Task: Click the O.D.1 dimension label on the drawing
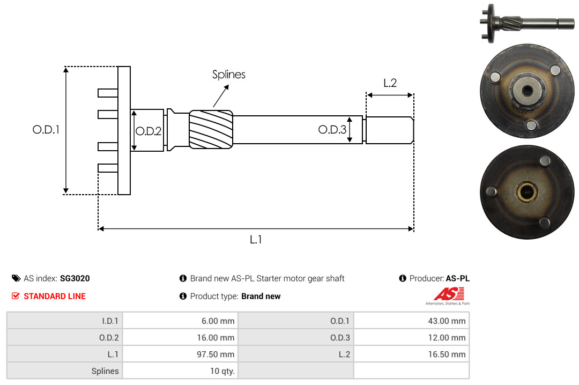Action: [46, 130]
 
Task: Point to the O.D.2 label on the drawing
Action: [149, 131]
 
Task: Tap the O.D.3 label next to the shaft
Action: [332, 130]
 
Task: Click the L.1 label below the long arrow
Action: [256, 240]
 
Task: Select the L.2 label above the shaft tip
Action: [390, 83]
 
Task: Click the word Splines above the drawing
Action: [228, 75]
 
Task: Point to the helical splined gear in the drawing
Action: [211, 129]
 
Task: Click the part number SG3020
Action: [75, 279]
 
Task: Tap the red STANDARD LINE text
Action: [55, 297]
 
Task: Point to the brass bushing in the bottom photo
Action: [527, 192]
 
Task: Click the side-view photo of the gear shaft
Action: [527, 23]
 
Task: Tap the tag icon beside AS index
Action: [16, 278]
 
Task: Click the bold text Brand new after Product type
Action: [261, 297]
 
